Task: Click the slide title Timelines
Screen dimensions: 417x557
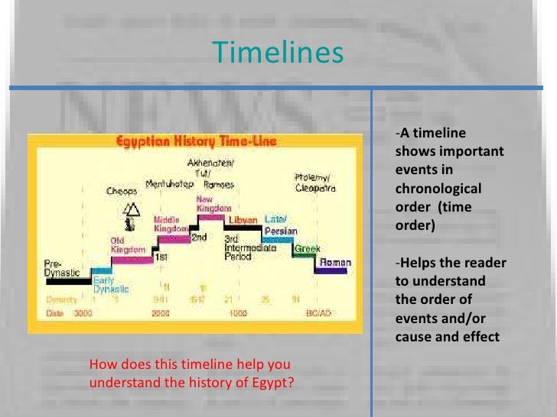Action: (278, 53)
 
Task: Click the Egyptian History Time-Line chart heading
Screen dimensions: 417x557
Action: (196, 141)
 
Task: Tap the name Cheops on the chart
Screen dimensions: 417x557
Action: (121, 190)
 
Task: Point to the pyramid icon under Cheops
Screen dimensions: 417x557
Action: (132, 208)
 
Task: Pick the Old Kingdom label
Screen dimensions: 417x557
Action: (127, 246)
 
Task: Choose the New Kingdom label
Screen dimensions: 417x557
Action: (209, 203)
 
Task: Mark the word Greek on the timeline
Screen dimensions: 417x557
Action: (308, 248)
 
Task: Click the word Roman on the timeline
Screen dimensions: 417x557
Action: (335, 263)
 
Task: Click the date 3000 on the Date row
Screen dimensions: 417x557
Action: (83, 313)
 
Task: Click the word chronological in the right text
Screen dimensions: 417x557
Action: (438, 188)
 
